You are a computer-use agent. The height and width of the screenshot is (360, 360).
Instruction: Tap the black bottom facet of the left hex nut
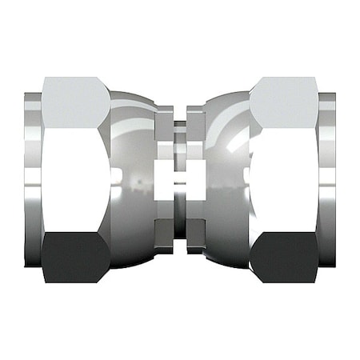75,258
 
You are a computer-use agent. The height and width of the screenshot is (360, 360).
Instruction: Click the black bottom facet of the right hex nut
284,258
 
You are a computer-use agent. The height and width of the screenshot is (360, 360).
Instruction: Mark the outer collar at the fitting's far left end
32,180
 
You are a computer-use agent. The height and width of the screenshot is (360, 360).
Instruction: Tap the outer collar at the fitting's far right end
327,180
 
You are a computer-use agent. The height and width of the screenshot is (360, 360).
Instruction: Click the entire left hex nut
75,180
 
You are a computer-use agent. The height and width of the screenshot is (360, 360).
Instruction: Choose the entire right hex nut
284,180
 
